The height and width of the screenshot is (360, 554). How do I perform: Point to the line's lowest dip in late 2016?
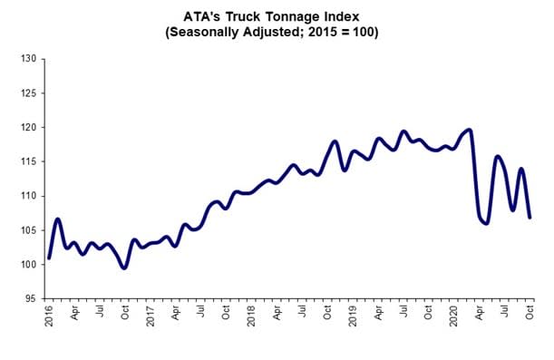click(x=124, y=268)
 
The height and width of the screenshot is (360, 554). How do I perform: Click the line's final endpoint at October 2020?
click(x=530, y=217)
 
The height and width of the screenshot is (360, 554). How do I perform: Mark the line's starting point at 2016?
click(x=49, y=258)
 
